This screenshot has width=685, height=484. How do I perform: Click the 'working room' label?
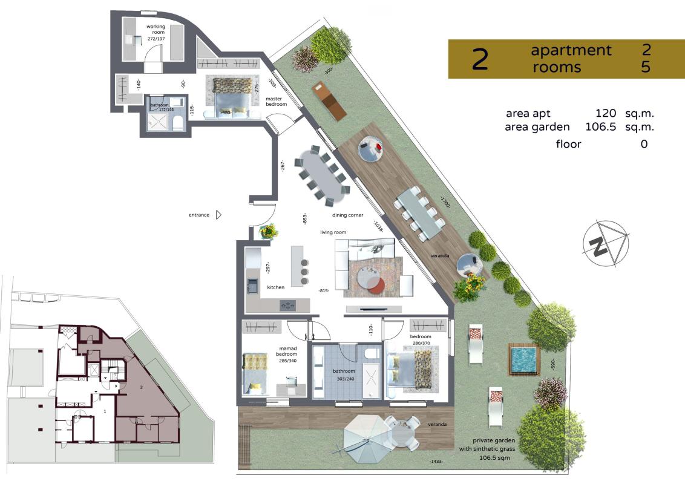pos(156,29)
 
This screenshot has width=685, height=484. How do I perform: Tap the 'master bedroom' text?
pos(276,102)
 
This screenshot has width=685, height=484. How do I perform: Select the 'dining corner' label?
pos(348,215)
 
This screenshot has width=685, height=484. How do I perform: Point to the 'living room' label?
pos(333,232)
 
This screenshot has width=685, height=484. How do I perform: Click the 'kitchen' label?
pos(276,287)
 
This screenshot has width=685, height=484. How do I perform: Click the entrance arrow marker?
pos(219,215)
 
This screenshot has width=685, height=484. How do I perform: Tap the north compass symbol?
pos(606,243)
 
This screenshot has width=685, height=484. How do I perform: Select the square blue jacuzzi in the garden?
pos(523,359)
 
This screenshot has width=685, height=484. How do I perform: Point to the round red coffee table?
pos(375,285)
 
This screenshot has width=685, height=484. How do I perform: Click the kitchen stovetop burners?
pos(288,305)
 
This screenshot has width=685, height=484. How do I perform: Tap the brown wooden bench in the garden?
pos(330,101)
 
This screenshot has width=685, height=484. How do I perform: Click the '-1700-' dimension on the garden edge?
pos(445,202)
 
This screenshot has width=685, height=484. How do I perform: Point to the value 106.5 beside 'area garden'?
pos(601,127)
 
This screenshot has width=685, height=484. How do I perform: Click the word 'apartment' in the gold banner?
pos(571,50)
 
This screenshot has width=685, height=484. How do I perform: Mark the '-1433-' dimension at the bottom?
pos(436,461)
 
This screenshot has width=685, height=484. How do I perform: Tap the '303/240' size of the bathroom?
pos(345,379)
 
